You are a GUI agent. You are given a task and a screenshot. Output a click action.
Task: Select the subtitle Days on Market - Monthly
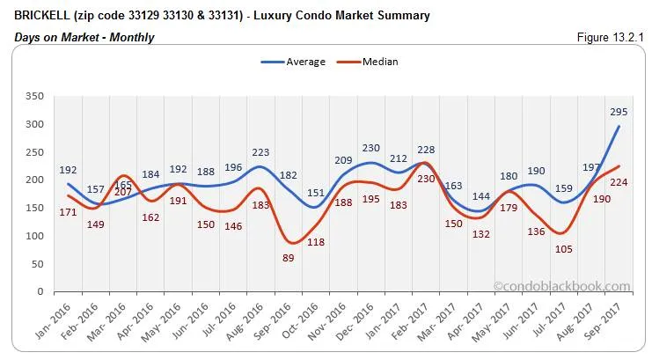tap(84, 37)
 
